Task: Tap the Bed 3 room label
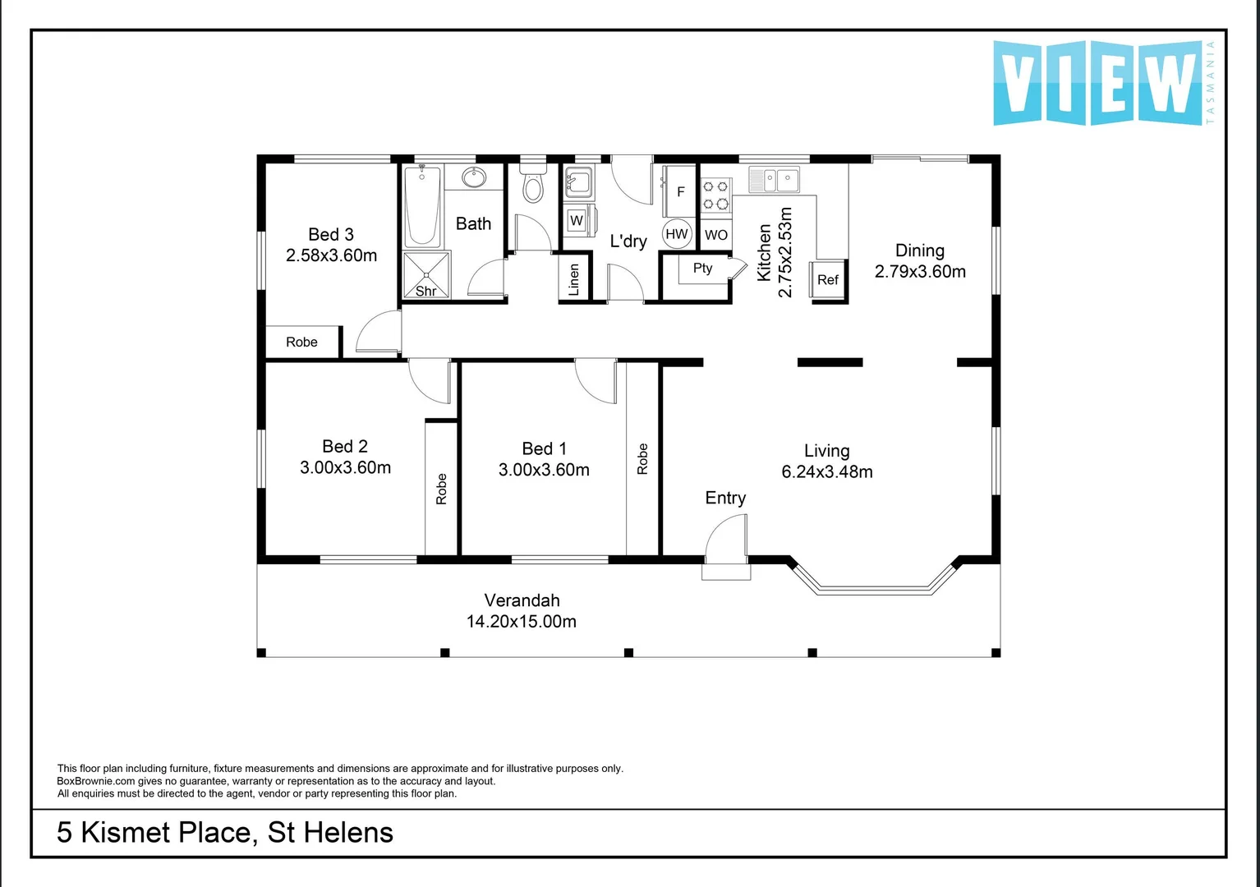[x=331, y=235]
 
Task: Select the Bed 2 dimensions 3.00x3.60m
[x=345, y=468]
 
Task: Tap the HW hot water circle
[x=677, y=234]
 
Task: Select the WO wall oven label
[x=715, y=235]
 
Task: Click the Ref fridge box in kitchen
[x=828, y=280]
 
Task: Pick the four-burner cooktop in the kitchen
[x=715, y=195]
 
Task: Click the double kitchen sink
[x=774, y=178]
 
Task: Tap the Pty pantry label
[x=702, y=269]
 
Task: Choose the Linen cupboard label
[x=574, y=279]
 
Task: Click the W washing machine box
[x=577, y=220]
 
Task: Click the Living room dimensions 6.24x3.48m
[x=826, y=472]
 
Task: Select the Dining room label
[x=919, y=250]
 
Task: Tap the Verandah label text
[x=522, y=600]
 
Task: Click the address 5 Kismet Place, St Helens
[x=225, y=833]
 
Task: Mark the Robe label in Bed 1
[x=642, y=459]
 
